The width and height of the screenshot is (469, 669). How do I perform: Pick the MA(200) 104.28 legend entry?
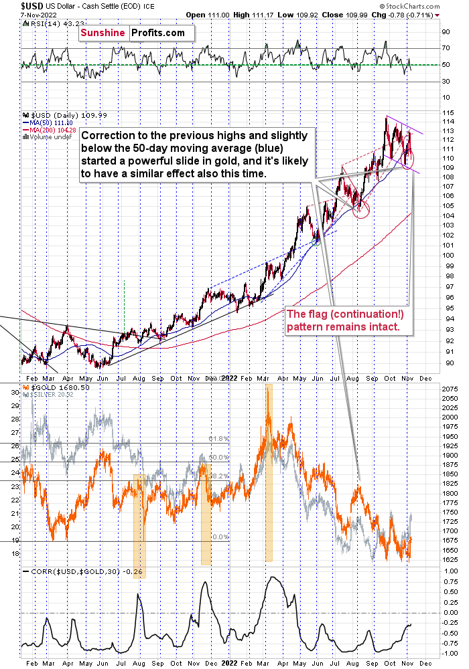pos(52,130)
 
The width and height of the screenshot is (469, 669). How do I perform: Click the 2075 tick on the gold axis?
pos(450,387)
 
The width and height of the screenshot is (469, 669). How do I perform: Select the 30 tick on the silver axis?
pos(13,392)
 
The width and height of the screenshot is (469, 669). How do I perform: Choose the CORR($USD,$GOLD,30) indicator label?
pos(72,571)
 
